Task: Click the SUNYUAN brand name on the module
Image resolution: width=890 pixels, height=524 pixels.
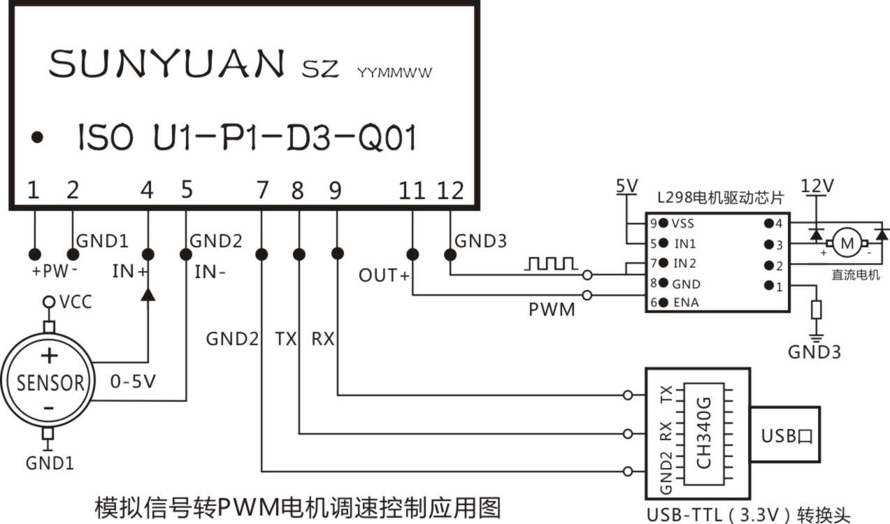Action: [166, 64]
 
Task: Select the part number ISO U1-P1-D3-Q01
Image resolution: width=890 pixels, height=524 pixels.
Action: [247, 139]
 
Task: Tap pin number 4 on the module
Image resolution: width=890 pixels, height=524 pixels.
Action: [147, 190]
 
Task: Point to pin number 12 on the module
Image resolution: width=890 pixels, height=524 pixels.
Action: [450, 190]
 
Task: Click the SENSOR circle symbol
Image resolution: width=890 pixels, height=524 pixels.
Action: [48, 381]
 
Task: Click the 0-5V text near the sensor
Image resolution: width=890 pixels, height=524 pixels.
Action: [133, 382]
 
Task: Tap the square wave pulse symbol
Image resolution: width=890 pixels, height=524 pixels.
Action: [552, 263]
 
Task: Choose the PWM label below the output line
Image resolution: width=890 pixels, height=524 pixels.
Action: [552, 308]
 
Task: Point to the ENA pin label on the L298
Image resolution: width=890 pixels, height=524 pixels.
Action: [685, 303]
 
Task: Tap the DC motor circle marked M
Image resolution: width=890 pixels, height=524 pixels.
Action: [847, 243]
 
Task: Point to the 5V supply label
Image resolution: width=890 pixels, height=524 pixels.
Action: [626, 186]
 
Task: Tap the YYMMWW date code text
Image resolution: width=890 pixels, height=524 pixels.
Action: [395, 72]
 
